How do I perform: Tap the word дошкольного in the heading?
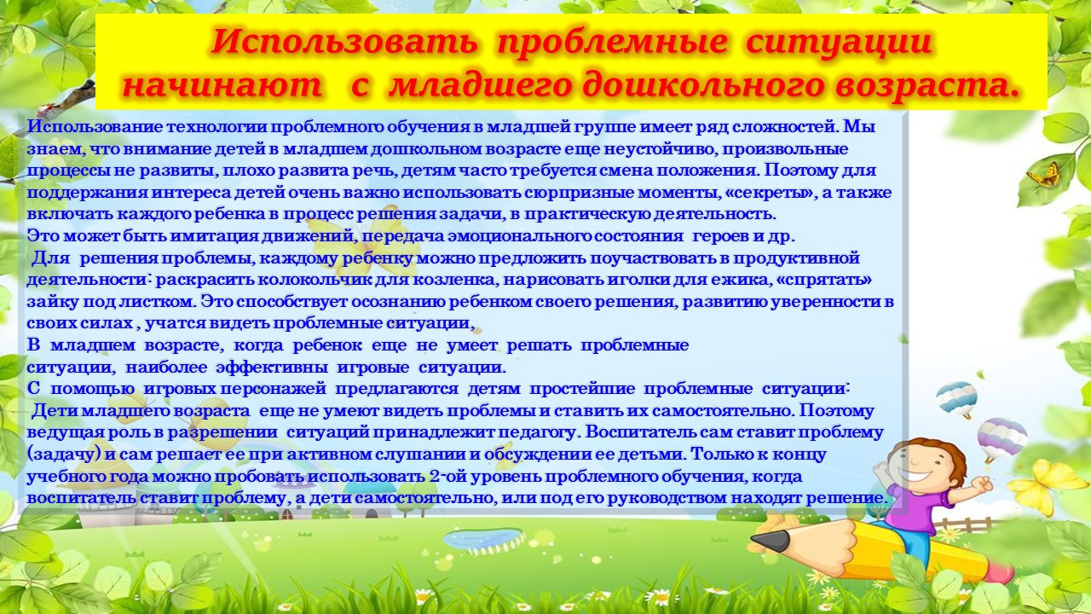(699, 84)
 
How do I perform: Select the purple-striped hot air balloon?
(1002, 436)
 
